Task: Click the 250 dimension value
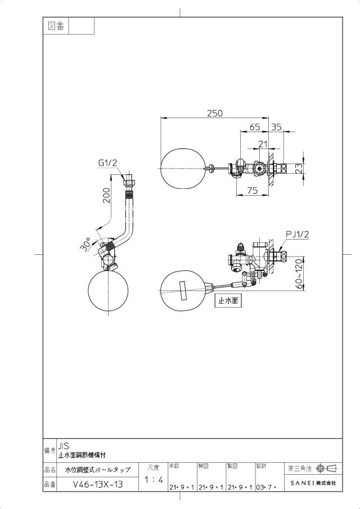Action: pos(215,113)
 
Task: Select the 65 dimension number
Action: pos(255,127)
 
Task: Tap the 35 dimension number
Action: pos(276,127)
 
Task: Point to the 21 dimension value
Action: pos(262,143)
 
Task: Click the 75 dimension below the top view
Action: pos(253,191)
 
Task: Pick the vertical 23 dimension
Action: pos(299,168)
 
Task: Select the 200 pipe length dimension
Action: pos(106,195)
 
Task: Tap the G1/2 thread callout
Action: pos(107,163)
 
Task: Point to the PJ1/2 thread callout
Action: pos(298,234)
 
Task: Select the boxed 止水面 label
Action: pos(228,301)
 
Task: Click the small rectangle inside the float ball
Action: pos(182,291)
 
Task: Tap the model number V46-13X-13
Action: pos(98,485)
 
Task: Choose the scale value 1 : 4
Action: pos(154,479)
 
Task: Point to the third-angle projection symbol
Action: pos(327,468)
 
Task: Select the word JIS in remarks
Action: pos(64,447)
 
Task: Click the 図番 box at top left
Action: pos(56,26)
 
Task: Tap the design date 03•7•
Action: pos(266,488)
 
